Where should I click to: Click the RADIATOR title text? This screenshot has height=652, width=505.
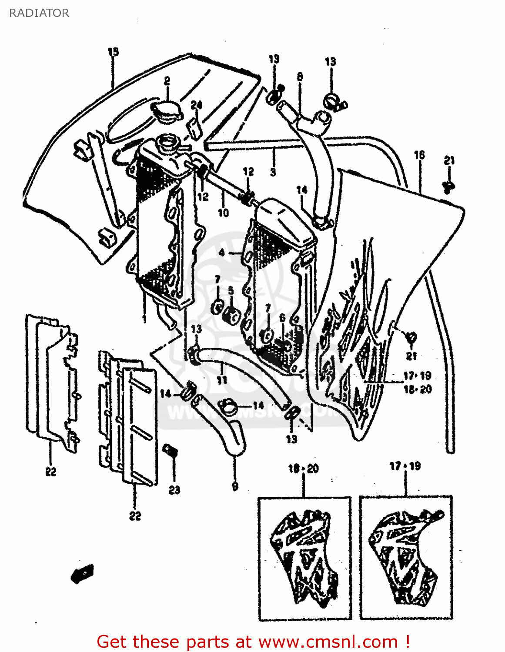39,13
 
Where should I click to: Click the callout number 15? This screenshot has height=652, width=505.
113,52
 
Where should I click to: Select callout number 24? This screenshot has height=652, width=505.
196,105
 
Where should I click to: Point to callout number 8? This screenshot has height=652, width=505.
300,77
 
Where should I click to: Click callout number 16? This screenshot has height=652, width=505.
419,155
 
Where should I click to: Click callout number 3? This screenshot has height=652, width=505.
273,172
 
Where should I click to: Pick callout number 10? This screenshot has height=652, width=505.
223,213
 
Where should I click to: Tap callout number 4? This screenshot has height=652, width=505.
222,253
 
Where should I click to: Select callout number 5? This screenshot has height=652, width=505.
231,290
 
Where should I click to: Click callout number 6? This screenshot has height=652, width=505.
282,318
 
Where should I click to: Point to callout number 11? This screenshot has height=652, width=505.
222,380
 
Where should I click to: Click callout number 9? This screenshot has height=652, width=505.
235,486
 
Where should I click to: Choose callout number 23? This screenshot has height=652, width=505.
174,490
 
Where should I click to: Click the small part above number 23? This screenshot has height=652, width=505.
170,450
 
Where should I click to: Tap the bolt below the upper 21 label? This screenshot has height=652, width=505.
448,186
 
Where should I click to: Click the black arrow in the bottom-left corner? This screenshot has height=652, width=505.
82,573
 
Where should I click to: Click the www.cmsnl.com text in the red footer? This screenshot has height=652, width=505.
328,642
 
